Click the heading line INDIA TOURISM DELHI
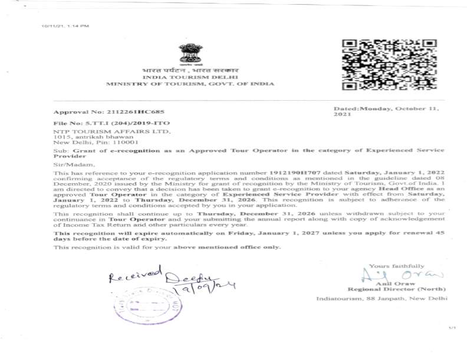pos(190,77)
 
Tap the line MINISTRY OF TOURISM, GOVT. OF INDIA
pos(190,84)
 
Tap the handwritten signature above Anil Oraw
pos(401,275)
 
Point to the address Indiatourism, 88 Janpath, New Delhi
pos(382,299)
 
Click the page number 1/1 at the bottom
pos(452,328)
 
